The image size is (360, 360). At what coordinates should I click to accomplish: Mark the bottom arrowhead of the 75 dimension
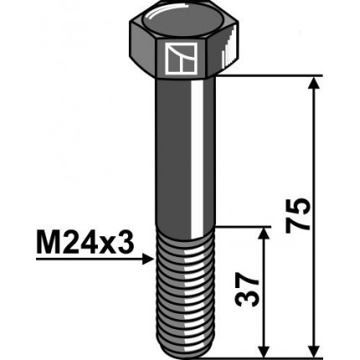[315, 350]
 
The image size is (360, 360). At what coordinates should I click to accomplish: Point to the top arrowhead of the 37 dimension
[265, 234]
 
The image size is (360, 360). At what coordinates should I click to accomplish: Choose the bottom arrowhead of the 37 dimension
[265, 350]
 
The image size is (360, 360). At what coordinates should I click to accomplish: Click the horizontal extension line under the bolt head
[268, 77]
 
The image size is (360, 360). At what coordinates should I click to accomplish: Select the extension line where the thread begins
[243, 226]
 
